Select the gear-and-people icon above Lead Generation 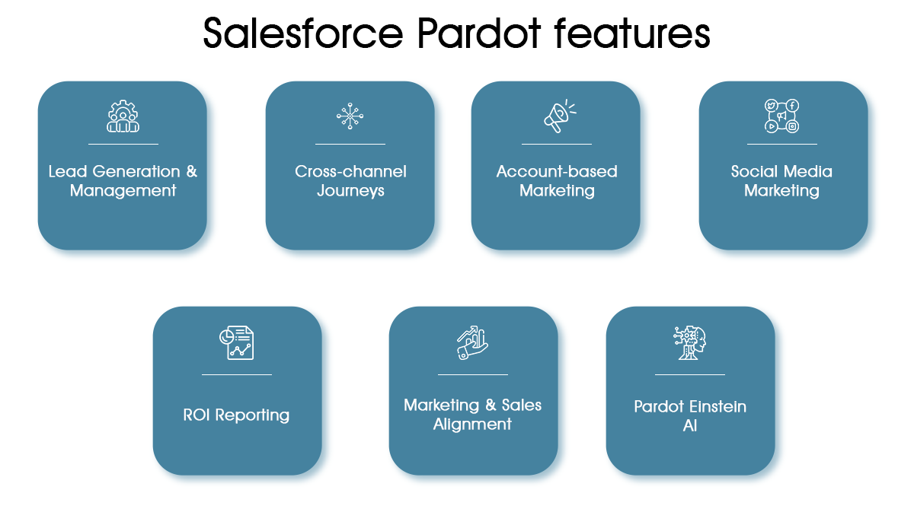point(123,116)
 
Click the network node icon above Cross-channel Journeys point(350,116)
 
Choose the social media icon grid point(782,116)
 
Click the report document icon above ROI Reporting point(236,342)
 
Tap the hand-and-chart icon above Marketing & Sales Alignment point(472,343)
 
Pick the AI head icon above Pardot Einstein point(690,343)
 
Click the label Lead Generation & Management point(123,181)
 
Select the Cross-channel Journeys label point(350,181)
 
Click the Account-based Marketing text point(557,181)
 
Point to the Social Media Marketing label point(782,181)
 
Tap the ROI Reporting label point(236,415)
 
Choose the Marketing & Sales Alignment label point(472,415)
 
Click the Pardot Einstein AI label point(690,415)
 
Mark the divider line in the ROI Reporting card point(236,374)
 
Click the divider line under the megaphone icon point(557,144)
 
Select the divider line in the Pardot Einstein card point(690,374)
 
